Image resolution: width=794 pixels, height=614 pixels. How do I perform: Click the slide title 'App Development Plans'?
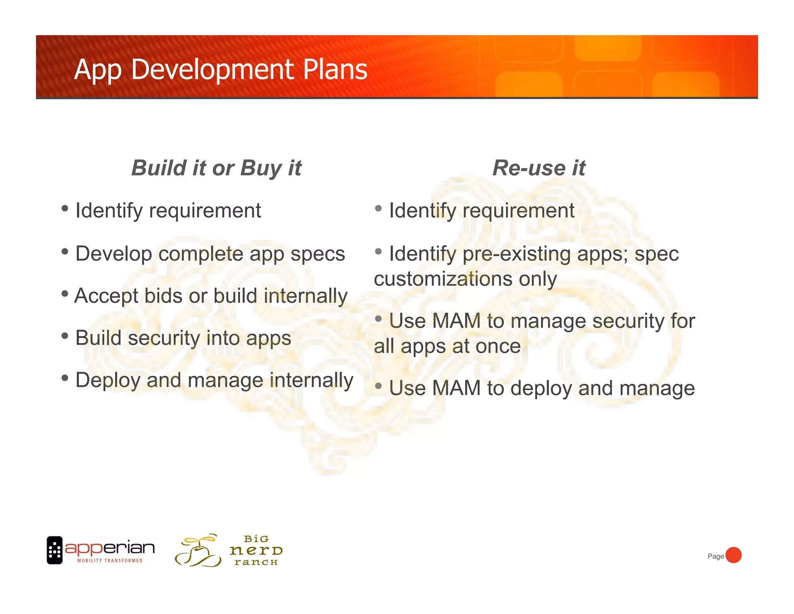[220, 70]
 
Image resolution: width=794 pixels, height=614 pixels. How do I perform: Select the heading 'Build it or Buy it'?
[216, 168]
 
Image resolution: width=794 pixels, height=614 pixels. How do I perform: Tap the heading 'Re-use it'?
[539, 168]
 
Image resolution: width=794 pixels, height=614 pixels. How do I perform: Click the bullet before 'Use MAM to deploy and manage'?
[378, 386]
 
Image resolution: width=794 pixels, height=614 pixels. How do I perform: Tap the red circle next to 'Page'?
[733, 555]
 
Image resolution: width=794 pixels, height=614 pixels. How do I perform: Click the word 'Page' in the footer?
[715, 556]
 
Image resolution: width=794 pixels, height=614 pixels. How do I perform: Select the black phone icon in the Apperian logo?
[55, 550]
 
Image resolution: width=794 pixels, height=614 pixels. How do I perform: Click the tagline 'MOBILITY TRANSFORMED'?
[110, 560]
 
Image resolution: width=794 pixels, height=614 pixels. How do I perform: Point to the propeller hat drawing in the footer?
[198, 551]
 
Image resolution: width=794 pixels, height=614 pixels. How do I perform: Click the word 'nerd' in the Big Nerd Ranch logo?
[256, 550]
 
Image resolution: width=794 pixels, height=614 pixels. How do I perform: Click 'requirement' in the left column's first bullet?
[205, 211]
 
